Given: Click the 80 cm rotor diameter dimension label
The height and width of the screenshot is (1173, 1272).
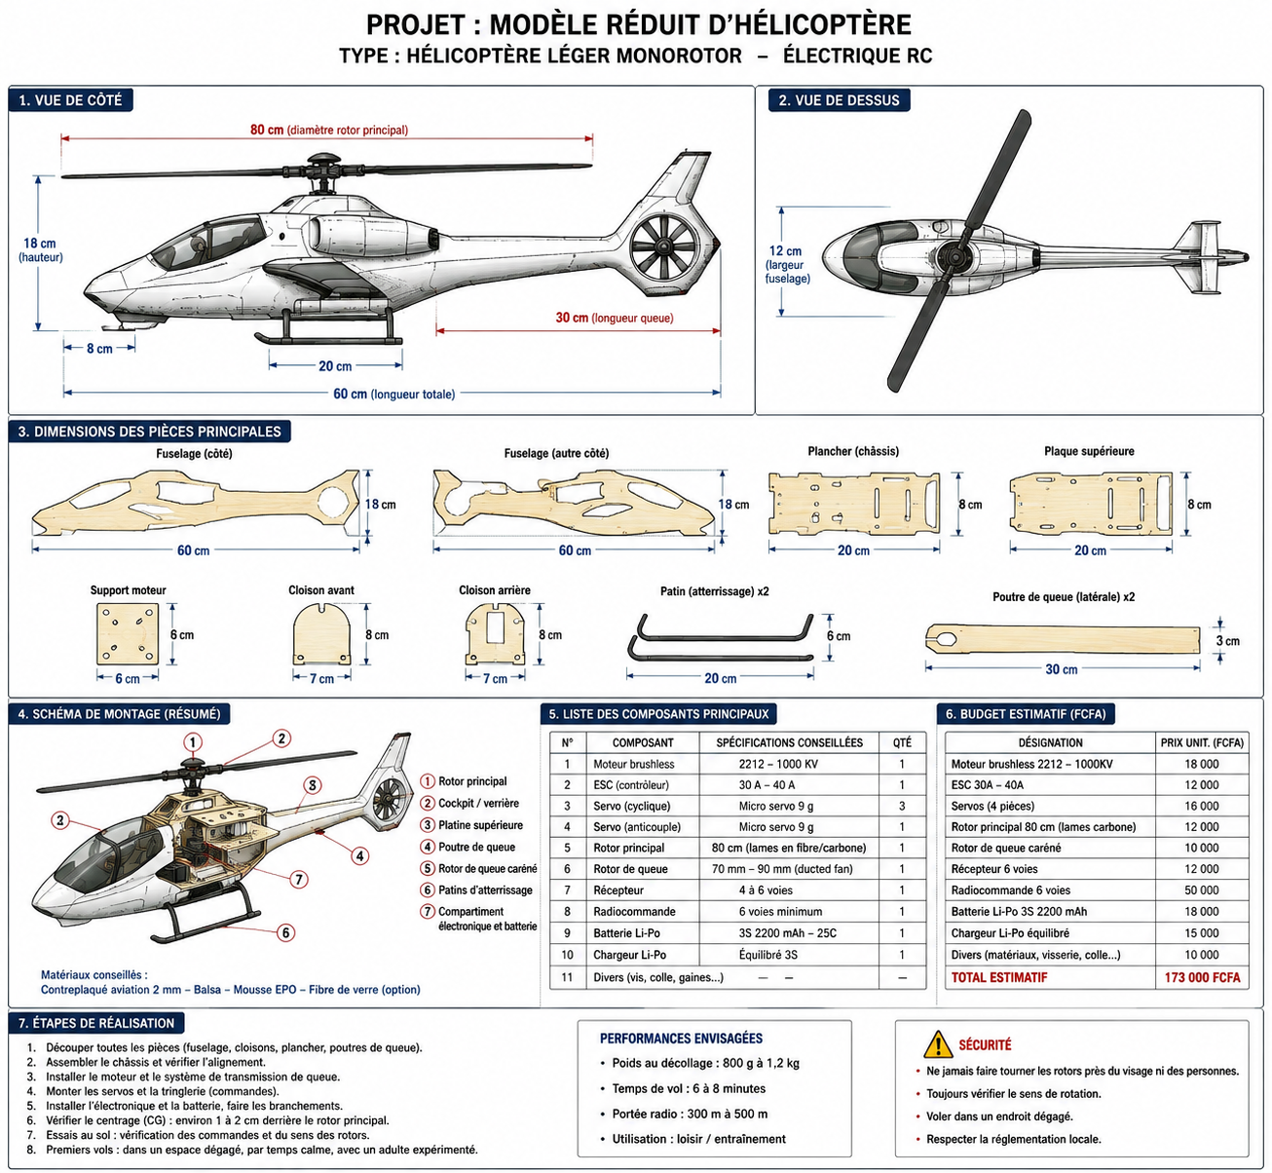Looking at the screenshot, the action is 328,131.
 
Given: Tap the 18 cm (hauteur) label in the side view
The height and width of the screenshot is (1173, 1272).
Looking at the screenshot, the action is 40,250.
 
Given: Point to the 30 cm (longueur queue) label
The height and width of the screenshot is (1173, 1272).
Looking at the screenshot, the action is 615,318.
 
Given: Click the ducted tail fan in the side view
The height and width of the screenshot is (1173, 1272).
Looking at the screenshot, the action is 663,246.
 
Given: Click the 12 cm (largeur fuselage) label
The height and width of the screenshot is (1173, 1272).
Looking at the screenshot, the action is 787,264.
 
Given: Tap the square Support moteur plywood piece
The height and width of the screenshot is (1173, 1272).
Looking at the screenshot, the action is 128,634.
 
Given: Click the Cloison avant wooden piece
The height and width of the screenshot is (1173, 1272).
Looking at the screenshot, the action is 321,634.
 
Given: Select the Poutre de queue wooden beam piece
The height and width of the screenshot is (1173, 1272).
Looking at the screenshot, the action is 1064,638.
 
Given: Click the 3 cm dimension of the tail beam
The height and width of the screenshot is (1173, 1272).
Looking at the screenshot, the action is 1228,641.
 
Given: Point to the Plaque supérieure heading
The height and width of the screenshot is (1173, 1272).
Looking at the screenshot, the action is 1089,451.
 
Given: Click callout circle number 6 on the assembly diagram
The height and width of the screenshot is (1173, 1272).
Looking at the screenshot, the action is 285,932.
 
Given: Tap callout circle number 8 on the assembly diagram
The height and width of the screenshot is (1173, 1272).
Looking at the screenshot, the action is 312,785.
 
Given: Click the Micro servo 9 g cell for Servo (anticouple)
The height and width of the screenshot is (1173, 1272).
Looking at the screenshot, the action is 775,827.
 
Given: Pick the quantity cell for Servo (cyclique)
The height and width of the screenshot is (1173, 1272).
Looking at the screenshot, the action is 902,806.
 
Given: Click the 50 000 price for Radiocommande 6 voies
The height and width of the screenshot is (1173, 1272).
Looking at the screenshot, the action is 1202,890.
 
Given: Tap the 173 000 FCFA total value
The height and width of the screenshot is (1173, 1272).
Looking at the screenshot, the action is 1202,977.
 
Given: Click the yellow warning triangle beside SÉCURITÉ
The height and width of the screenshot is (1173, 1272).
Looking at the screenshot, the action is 938,1044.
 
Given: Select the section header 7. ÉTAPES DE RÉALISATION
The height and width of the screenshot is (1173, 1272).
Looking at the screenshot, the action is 96,1023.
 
